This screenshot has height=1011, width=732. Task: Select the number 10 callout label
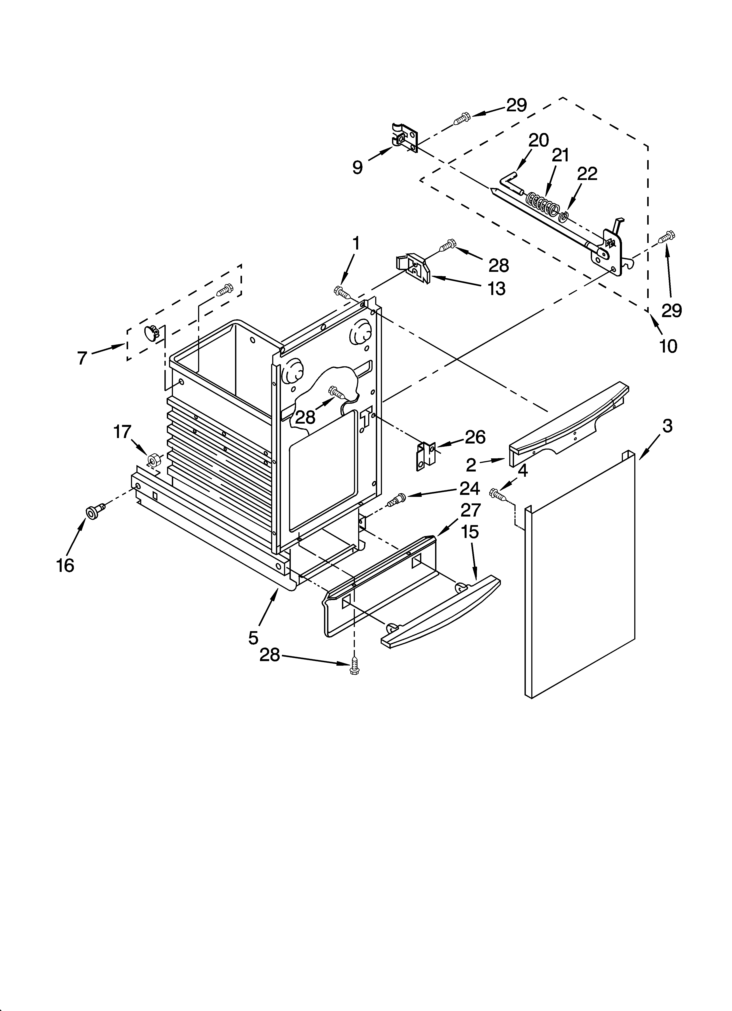click(668, 346)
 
